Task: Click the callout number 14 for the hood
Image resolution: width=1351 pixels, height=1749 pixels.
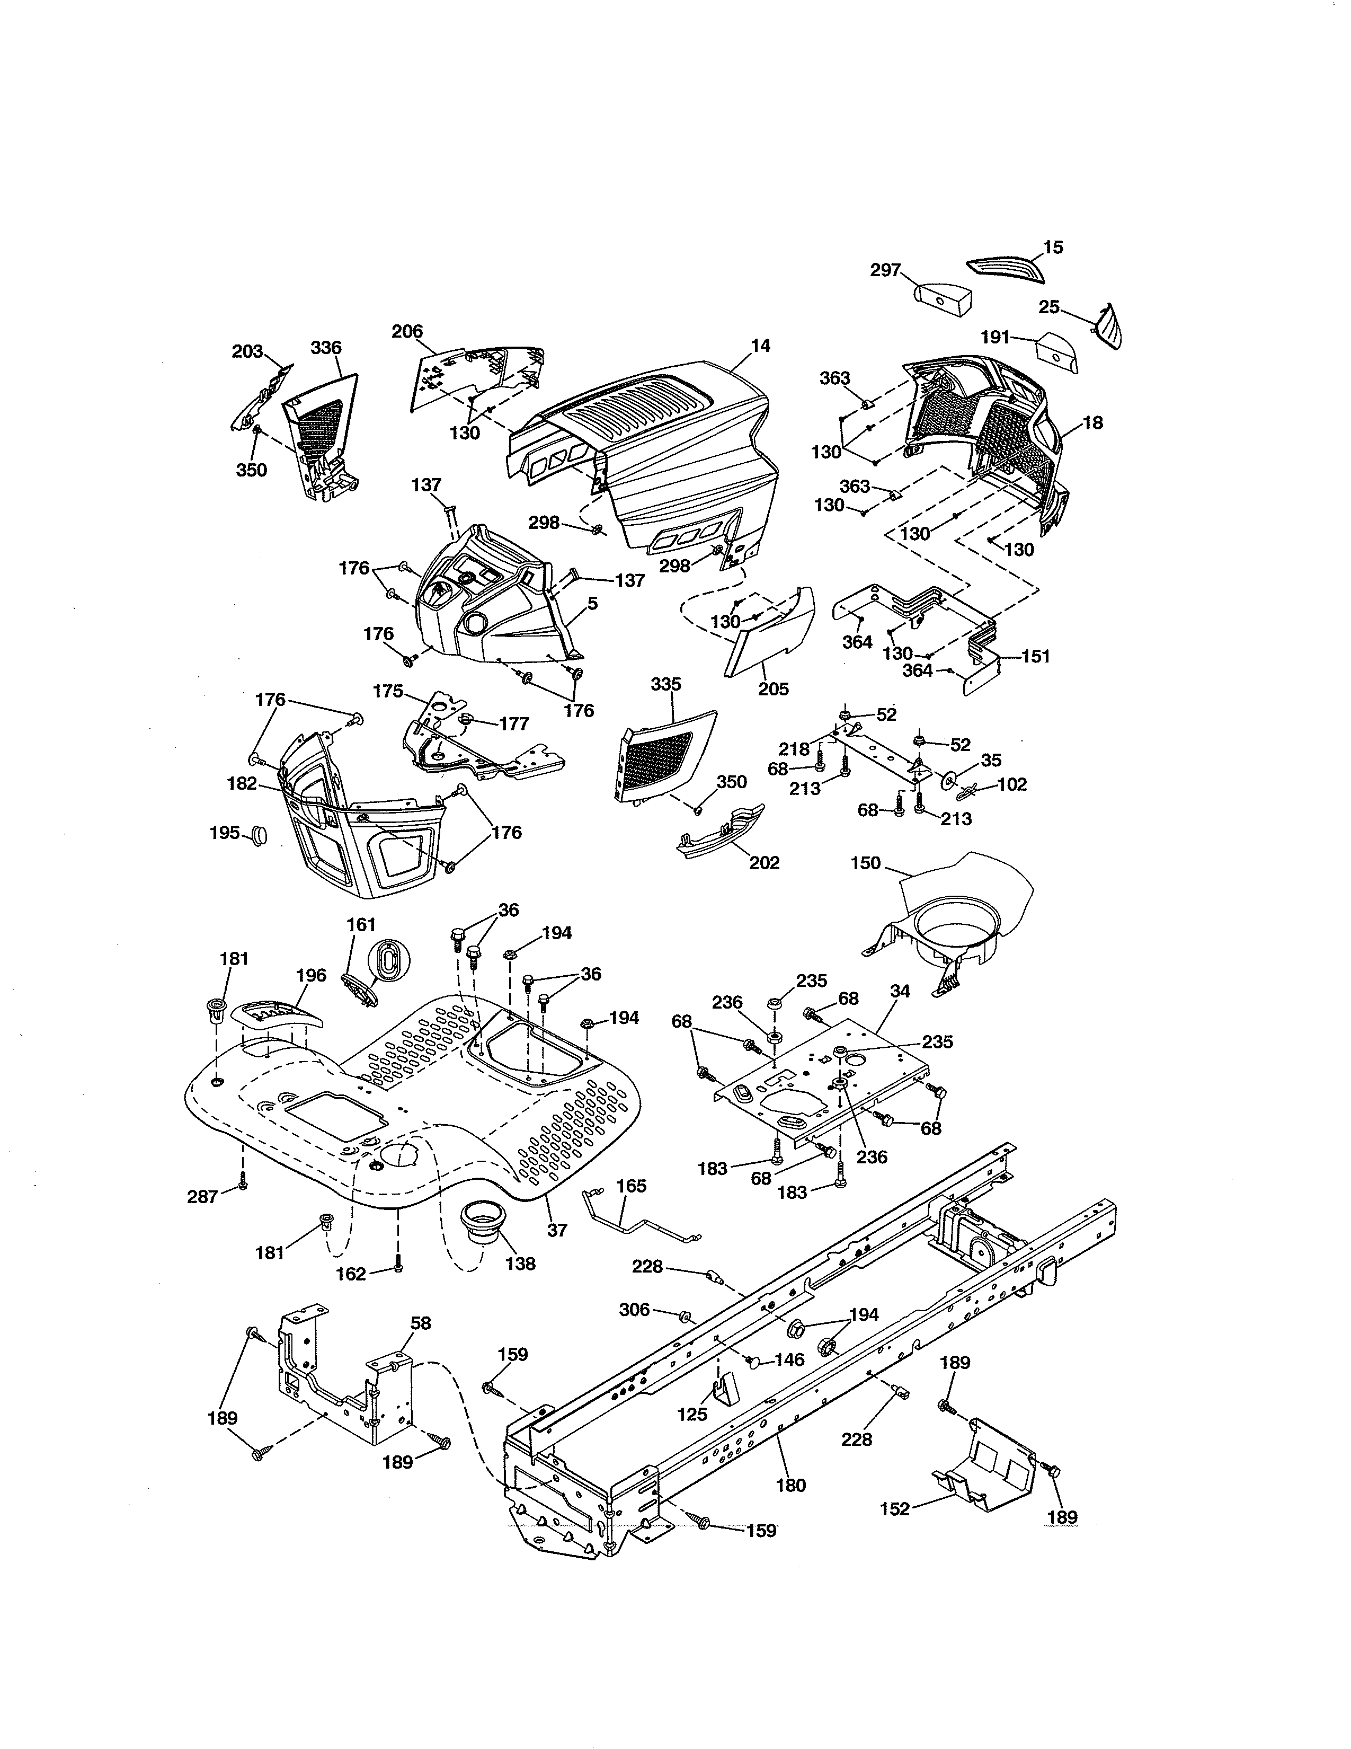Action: point(760,346)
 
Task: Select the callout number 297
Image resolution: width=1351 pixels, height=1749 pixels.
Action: point(886,271)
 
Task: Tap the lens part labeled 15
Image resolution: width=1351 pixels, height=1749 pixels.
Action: point(1005,270)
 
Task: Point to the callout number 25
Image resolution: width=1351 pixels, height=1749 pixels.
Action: point(1048,307)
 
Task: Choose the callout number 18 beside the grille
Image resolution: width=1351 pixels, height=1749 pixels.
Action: point(1092,423)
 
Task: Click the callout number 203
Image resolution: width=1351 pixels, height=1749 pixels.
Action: point(247,351)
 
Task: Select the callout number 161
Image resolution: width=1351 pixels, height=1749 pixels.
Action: point(361,925)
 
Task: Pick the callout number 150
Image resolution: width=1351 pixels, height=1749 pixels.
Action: point(865,863)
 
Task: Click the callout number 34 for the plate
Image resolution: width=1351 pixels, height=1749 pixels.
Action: point(900,991)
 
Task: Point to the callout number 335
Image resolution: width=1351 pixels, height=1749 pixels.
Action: point(666,685)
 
